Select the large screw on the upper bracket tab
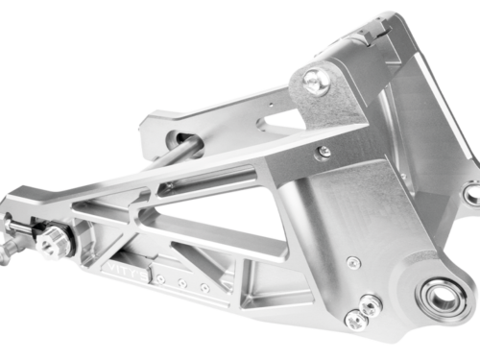point(318,82)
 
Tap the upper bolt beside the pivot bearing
point(368,305)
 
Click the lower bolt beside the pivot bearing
point(356,322)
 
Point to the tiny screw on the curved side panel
point(354,262)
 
